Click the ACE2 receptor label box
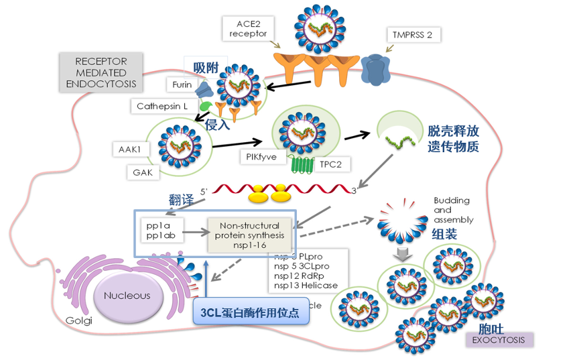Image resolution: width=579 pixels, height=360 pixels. (x=248, y=27)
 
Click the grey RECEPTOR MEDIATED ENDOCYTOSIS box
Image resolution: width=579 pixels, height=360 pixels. (x=101, y=72)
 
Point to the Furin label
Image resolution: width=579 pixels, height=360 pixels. (x=182, y=84)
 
